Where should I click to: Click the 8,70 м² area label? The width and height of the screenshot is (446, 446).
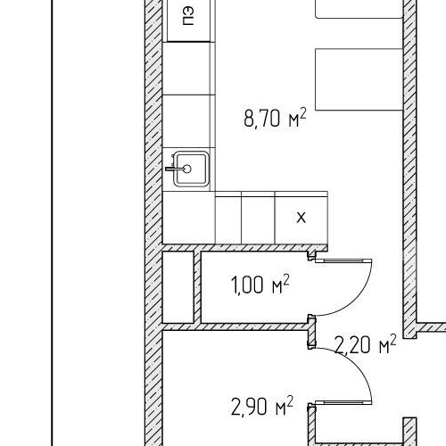pos(275,118)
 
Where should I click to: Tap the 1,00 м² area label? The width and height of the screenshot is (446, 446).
pos(260,285)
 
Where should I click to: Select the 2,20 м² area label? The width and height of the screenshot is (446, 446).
pos(366,344)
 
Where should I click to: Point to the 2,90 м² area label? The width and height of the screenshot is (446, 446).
pos(262,406)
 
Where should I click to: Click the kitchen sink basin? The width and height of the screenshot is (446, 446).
pos(191,169)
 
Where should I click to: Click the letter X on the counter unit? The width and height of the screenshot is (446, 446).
pos(301,218)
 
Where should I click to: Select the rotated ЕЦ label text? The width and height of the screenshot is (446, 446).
pos(188,17)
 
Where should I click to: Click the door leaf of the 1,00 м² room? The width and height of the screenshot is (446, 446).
pos(343,260)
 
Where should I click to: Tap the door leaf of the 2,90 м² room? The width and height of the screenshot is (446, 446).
pos(343,402)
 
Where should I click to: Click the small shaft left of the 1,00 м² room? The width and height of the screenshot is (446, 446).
pos(178,287)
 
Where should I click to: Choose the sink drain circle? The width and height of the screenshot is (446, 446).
pos(187,169)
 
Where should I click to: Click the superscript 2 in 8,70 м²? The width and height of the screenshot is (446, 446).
pos(302,112)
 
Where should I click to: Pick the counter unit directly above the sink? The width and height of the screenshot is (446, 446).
pos(189,121)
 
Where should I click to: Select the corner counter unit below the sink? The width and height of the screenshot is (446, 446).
pos(189,218)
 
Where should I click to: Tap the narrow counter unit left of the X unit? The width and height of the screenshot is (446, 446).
pos(228,218)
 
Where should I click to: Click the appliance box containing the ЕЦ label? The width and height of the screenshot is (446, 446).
pos(189,21)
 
